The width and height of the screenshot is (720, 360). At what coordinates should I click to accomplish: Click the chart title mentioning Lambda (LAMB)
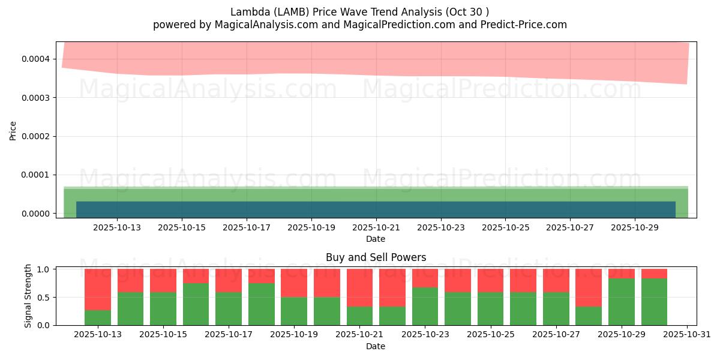[359, 12]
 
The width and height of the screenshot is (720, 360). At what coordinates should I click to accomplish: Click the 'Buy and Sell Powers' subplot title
[376, 257]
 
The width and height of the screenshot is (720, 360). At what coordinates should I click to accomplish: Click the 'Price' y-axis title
[13, 130]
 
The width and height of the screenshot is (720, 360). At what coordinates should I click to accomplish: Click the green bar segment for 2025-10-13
[98, 317]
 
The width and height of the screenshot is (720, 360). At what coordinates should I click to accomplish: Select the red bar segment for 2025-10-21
[360, 288]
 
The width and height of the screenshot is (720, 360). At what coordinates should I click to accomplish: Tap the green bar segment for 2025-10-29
[622, 302]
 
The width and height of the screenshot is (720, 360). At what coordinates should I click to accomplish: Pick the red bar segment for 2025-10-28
[589, 288]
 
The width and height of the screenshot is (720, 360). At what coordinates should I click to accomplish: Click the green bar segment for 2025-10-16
[196, 304]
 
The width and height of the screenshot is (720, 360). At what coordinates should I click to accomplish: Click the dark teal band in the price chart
[376, 209]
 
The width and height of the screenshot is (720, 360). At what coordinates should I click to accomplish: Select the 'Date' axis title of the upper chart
[376, 239]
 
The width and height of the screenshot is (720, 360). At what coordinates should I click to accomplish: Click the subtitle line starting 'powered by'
[359, 25]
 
